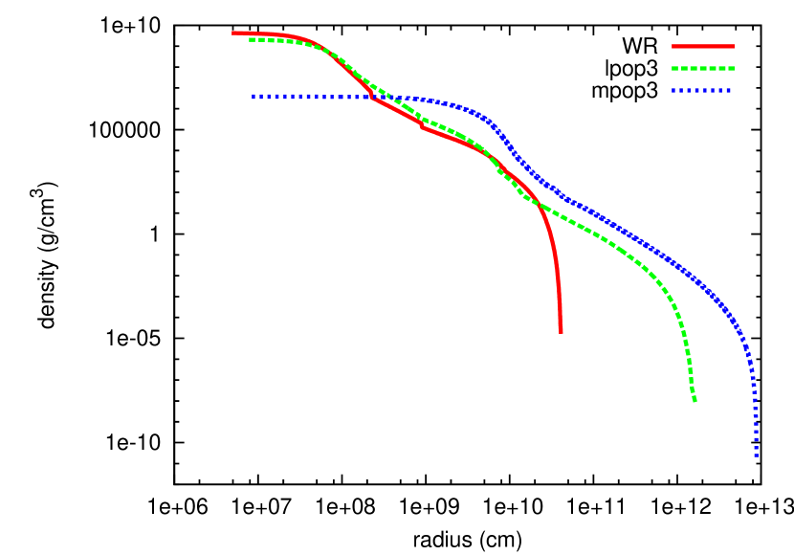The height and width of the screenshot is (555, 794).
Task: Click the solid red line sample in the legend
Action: [x=703, y=46]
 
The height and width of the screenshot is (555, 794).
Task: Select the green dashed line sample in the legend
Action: [x=703, y=69]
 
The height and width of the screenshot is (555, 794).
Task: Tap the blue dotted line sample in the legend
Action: [x=701, y=91]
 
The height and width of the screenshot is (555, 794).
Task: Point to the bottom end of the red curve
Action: [x=561, y=331]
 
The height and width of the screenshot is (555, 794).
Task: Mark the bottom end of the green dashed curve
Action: [x=695, y=400]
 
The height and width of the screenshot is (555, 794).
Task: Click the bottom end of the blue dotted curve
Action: [x=757, y=455]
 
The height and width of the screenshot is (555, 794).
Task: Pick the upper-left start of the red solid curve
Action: [x=233, y=33]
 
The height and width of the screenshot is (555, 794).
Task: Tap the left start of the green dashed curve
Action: [x=251, y=39]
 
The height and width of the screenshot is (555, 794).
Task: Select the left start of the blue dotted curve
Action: [x=254, y=96]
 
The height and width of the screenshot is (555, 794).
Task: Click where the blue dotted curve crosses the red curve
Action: [x=371, y=97]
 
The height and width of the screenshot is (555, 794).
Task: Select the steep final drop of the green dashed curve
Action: [x=688, y=359]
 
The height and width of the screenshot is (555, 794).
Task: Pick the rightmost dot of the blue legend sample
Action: [x=728, y=91]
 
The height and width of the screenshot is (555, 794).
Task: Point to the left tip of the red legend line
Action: [x=673, y=46]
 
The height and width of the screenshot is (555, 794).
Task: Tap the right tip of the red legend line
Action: [x=734, y=46]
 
